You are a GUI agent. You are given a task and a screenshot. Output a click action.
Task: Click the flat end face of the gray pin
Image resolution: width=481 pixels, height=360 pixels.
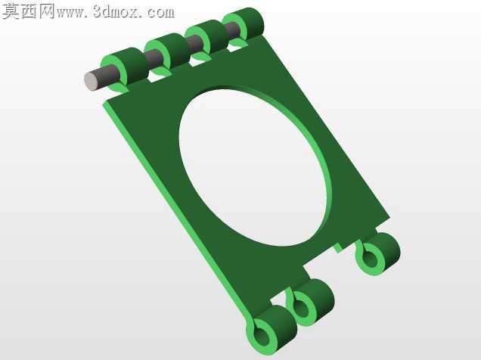pos(91,81)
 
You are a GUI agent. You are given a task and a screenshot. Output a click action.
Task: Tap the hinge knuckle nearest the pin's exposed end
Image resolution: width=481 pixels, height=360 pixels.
pos(126,69)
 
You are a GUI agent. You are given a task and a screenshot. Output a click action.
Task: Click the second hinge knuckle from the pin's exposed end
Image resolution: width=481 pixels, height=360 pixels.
pos(168,53)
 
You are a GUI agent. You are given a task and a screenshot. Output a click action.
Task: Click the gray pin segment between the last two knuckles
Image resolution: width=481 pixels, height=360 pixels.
pos(234,30)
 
